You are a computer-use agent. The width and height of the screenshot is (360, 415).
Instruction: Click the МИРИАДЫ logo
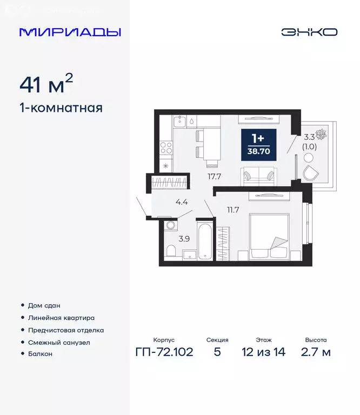[x=70, y=32]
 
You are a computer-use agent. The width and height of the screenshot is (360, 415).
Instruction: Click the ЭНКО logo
[x=309, y=32]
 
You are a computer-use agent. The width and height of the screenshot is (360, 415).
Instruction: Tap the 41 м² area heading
[x=46, y=85]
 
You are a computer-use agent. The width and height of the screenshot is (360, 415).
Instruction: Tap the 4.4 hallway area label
[x=182, y=203]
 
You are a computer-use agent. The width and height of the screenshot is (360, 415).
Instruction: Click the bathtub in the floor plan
[x=205, y=240]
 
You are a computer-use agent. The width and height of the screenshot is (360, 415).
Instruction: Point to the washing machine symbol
[x=171, y=225]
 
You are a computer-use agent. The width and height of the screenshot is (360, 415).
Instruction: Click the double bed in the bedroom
[x=269, y=238]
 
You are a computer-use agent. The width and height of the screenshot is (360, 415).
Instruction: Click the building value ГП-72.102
[x=163, y=352]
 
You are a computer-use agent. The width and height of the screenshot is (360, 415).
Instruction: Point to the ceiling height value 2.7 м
[x=315, y=352]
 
